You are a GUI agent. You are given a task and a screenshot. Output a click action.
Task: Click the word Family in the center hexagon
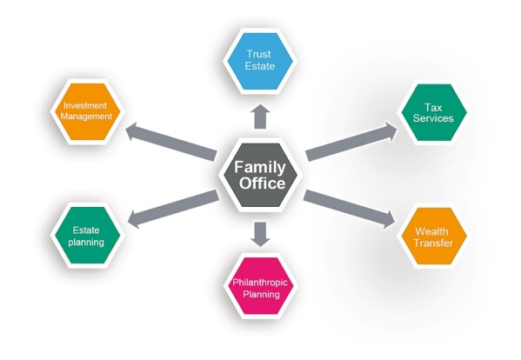[260, 167]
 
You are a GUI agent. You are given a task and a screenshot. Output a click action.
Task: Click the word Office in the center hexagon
[262, 183]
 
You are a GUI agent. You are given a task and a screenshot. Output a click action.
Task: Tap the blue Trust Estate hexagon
[259, 61]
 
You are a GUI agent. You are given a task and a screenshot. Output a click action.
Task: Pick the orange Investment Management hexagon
[87, 111]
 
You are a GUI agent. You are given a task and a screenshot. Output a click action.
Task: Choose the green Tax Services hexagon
[433, 112]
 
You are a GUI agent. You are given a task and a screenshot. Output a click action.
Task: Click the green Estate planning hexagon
[87, 235]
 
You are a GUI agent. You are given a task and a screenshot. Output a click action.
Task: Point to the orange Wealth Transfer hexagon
[434, 237]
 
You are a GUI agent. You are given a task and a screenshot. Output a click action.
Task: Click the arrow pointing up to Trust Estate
[260, 117]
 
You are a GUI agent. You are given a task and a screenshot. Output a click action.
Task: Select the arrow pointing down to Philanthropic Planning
[260, 235]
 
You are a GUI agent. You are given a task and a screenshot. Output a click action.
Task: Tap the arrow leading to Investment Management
[170, 142]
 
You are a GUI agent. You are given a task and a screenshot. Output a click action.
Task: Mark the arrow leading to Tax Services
[351, 142]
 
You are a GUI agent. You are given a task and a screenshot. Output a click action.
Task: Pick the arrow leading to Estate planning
[173, 209]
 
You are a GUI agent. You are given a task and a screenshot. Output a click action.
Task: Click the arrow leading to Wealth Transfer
[349, 210]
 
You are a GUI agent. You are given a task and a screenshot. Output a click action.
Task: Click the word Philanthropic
[260, 283]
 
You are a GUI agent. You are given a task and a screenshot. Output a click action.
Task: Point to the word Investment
[85, 105]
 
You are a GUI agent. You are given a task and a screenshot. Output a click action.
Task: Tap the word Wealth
[431, 231]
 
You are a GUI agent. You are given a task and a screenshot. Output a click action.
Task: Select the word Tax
[433, 107]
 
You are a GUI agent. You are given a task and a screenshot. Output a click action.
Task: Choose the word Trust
[258, 54]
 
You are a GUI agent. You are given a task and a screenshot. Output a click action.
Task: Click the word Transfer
[433, 243]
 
